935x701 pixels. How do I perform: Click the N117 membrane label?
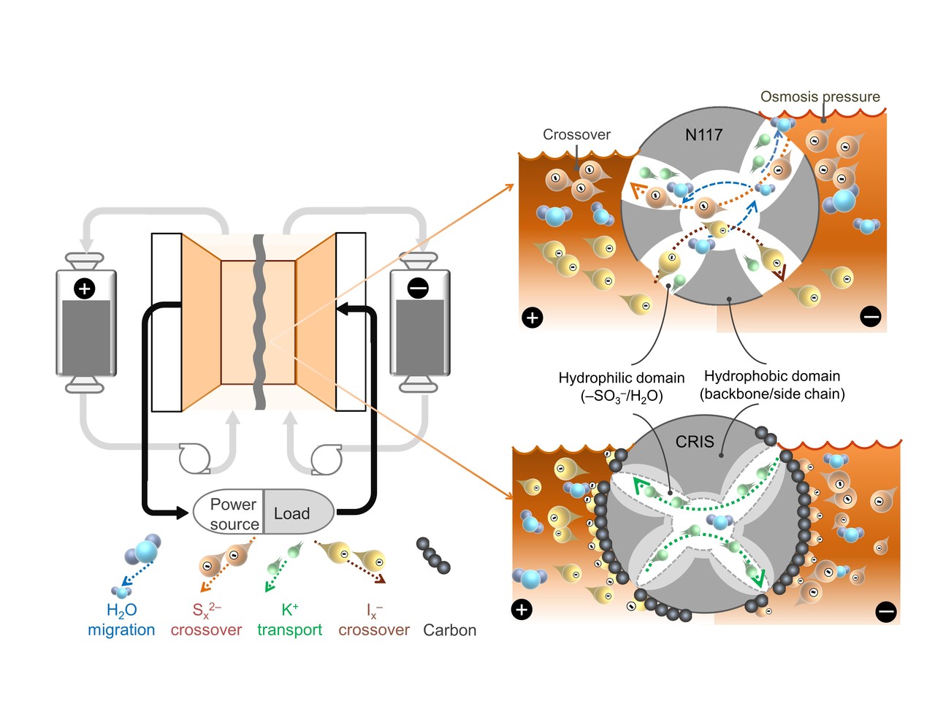(703, 134)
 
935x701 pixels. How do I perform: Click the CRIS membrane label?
(695, 442)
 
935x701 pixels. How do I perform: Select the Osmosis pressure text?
(820, 96)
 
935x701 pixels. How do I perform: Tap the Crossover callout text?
(576, 134)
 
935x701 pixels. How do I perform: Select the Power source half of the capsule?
(232, 514)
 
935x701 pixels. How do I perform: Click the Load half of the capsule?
(292, 514)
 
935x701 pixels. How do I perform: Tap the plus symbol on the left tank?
(85, 289)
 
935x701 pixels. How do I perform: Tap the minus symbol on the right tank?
(418, 289)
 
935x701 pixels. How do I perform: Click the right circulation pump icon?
(326, 459)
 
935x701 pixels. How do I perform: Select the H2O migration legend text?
(121, 620)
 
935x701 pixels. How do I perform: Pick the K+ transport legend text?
(289, 620)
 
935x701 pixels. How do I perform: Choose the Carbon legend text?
(449, 630)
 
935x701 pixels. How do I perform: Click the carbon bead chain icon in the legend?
(433, 556)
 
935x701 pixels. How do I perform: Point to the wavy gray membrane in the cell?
(259, 321)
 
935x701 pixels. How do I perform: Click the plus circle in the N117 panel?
(533, 318)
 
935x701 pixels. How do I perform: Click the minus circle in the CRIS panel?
(885, 611)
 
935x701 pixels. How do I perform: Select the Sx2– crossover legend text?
(206, 620)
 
